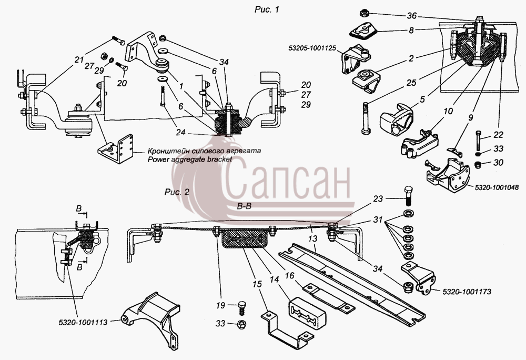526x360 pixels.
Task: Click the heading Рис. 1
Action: tap(267, 9)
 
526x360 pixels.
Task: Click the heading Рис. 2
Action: tap(177, 192)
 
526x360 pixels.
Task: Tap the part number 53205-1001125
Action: tap(312, 48)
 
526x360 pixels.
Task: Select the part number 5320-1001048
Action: tap(497, 187)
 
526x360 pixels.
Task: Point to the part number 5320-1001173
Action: tap(467, 292)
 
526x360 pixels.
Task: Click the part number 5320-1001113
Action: tap(83, 323)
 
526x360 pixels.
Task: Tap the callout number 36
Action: tap(412, 16)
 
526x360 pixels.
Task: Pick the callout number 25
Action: tap(411, 83)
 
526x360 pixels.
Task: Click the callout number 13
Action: tap(312, 238)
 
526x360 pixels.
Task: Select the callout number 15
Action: tap(257, 284)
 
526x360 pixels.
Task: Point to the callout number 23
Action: tap(378, 199)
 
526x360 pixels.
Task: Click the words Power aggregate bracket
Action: tap(190, 159)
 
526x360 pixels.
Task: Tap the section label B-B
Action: tap(244, 206)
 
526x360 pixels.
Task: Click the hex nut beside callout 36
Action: tap(365, 14)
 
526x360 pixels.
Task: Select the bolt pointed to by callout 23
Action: tap(409, 196)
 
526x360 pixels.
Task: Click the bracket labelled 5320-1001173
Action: tap(419, 278)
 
